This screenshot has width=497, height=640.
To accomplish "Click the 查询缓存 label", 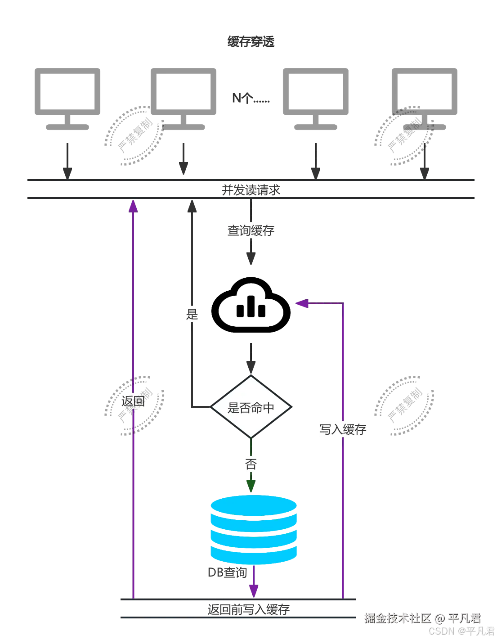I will [x=251, y=231].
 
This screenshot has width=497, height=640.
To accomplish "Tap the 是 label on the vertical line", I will [x=192, y=314].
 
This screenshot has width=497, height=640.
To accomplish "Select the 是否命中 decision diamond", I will [x=251, y=407].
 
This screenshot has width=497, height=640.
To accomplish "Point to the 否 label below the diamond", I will [x=251, y=464].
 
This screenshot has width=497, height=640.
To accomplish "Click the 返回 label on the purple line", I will [x=133, y=401].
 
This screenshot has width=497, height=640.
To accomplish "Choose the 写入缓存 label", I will [x=343, y=429].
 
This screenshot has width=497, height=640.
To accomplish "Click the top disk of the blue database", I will [x=254, y=508].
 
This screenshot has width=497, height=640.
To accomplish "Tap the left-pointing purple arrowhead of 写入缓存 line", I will [x=302, y=304].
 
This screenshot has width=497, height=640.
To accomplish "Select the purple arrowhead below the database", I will [x=254, y=589].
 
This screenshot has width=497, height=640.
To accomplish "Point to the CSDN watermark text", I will [x=461, y=631].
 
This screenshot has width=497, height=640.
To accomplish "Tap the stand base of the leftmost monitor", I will [x=67, y=129].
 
